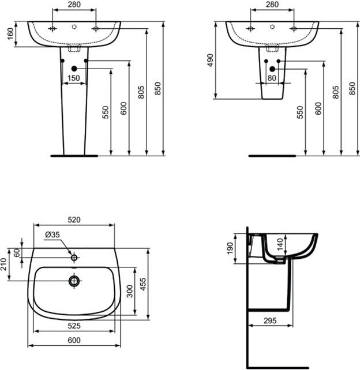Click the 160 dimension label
click(x=10, y=34)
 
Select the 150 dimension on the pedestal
click(x=74, y=78)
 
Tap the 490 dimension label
click(x=210, y=60)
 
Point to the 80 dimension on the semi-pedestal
click(x=272, y=78)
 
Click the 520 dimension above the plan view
click(x=74, y=220)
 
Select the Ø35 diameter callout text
click(x=52, y=235)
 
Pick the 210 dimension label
click(x=3, y=265)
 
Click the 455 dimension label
click(x=143, y=284)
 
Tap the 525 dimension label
click(x=74, y=326)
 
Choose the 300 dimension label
click(x=130, y=291)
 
